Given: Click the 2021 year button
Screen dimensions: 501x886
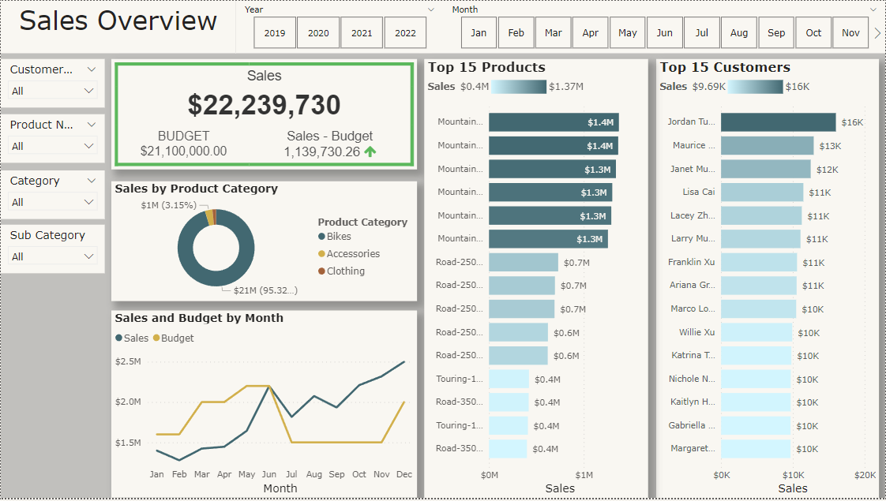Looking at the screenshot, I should [x=362, y=33].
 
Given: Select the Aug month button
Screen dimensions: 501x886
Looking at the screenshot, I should [x=739, y=33].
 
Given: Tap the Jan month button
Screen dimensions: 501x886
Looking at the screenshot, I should [x=479, y=33].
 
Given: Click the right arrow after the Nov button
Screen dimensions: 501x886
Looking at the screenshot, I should [x=877, y=33].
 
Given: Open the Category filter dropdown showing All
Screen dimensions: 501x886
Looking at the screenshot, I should [x=53, y=202].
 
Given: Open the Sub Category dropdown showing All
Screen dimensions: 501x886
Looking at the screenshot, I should [x=53, y=256].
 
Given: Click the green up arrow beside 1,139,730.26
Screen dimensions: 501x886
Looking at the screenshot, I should [x=370, y=151].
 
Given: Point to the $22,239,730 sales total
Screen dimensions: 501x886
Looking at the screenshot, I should [x=264, y=105].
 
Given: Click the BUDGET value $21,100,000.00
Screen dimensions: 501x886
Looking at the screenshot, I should [x=183, y=151].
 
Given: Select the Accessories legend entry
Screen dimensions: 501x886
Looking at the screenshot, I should [x=352, y=254].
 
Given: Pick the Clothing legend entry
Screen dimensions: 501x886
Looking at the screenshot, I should [x=345, y=271].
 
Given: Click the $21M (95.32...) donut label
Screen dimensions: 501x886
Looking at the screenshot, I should [x=265, y=290].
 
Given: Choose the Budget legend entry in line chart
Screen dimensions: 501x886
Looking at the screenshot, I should [x=177, y=338].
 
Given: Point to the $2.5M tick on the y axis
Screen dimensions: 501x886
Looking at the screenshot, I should [x=128, y=361].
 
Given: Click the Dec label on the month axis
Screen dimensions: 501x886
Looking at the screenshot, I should [x=404, y=475].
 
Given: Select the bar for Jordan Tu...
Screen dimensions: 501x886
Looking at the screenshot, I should [x=777, y=122].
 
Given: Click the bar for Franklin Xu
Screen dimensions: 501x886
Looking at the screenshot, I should [x=758, y=262].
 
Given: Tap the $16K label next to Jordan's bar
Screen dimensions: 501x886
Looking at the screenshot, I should [x=852, y=122].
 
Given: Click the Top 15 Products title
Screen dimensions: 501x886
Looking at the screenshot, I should [x=486, y=67].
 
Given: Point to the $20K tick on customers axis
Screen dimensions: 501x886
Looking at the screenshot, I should [x=865, y=475].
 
